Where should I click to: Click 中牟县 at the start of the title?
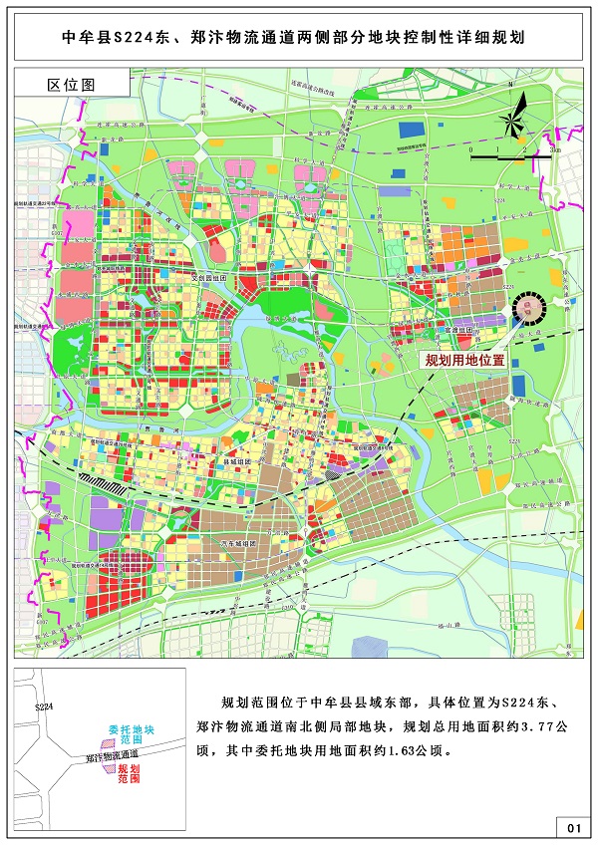click(x=85, y=39)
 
